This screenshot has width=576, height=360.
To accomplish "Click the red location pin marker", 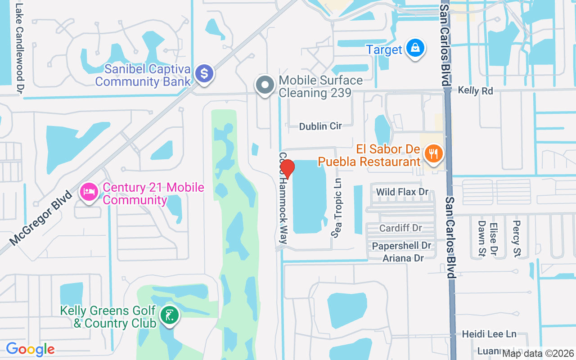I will pos(287,169).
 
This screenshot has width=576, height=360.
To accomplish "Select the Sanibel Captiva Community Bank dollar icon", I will pos(204,73).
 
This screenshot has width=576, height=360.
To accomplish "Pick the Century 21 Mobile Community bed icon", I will pos(90,193).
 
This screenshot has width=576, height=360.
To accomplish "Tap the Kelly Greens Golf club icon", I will pos(169,316).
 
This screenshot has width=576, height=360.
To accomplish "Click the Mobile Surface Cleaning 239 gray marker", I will pos(265,85).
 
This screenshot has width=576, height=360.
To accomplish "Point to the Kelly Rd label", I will pos(475,90).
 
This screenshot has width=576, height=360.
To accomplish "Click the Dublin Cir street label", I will pos(320,126).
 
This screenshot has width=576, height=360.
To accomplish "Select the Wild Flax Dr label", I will pos(402,192).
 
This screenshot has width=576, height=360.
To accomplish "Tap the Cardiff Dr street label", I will pos(400,228).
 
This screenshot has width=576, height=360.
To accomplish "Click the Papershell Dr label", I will pos(401,246).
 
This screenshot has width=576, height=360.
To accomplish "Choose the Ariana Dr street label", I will pos(403,258).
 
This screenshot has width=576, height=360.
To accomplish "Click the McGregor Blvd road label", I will pos(40,218).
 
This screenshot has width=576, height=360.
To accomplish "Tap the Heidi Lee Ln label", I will pos(489,334).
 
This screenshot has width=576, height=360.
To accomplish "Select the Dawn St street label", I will pos(481,238).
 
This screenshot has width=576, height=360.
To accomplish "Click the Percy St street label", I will pos(517,238).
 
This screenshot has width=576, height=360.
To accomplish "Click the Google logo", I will pos(30,349).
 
